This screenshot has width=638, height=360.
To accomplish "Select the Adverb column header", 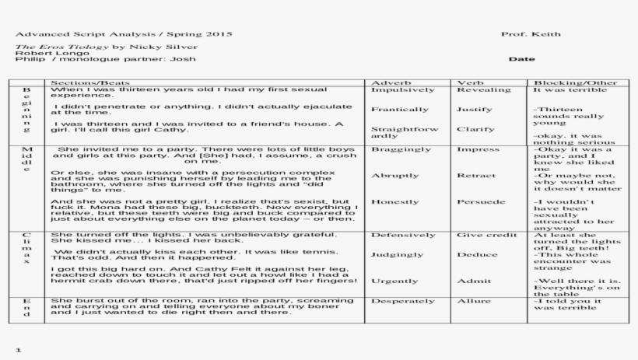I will coord(386,82).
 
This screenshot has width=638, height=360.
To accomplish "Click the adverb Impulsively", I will coord(403,90).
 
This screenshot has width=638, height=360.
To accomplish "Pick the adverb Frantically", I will coord(400,110).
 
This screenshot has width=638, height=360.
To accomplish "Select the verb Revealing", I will coord(483,90).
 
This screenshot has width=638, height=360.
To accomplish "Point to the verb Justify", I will coord(475,110).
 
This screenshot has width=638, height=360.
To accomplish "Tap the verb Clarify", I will coord(475,129).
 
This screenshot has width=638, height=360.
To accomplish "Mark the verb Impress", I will coord(478,149).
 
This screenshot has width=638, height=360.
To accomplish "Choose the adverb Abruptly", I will coord(395,176).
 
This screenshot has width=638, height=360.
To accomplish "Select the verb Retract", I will coord(475,176).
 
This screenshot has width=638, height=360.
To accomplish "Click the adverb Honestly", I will coord(395,202).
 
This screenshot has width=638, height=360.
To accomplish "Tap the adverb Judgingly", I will coord(398,254).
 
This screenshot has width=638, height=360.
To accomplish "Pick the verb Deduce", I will coord(477,254).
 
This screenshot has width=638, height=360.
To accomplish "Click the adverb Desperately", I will coord(403,301).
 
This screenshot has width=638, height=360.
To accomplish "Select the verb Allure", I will coord(473,301).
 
